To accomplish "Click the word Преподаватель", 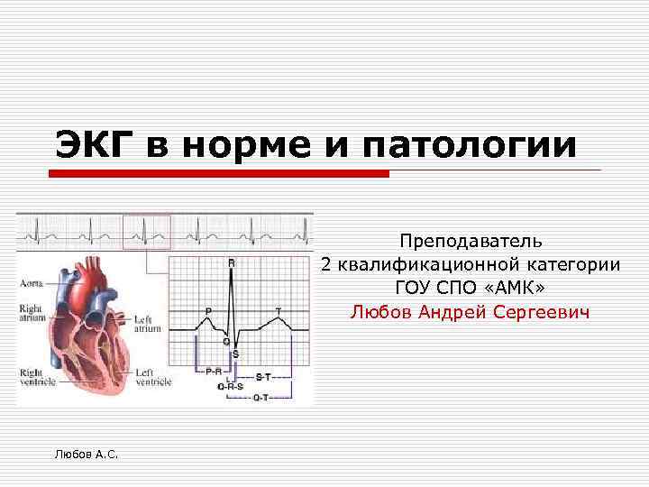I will (x=470, y=241).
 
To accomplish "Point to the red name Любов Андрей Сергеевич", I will (x=470, y=312).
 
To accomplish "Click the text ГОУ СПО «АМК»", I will (x=470, y=289).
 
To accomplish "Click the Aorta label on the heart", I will (x=32, y=283).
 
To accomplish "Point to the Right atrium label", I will (x=31, y=313).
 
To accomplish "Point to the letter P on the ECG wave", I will (x=209, y=311).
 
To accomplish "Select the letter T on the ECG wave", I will (x=279, y=311).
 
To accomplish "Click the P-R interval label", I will (x=215, y=371).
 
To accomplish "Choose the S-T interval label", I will (x=264, y=376).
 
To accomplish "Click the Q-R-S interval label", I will (x=231, y=385).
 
